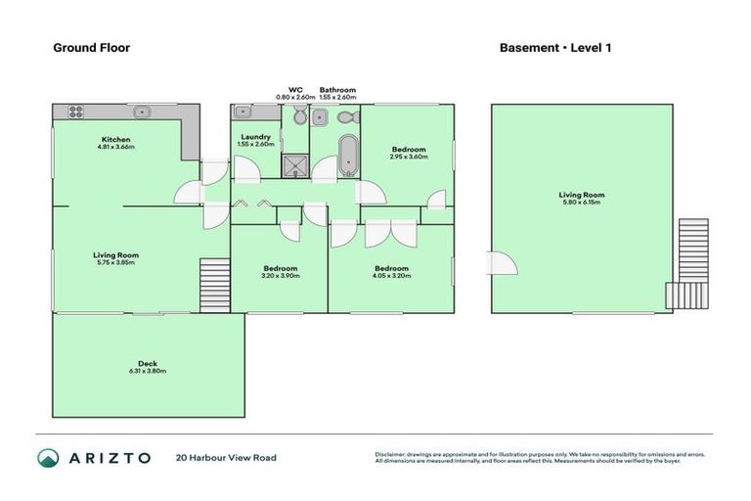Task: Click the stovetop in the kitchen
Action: [74, 112]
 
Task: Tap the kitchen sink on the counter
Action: [142, 112]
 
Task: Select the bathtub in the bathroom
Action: [347, 154]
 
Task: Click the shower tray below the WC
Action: [293, 165]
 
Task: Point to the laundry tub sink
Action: [243, 113]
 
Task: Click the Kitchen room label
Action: [115, 139]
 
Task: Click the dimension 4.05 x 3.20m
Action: [390, 276]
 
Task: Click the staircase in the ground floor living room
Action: [212, 282]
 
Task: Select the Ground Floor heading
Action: [91, 47]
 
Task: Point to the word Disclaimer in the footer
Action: [391, 454]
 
